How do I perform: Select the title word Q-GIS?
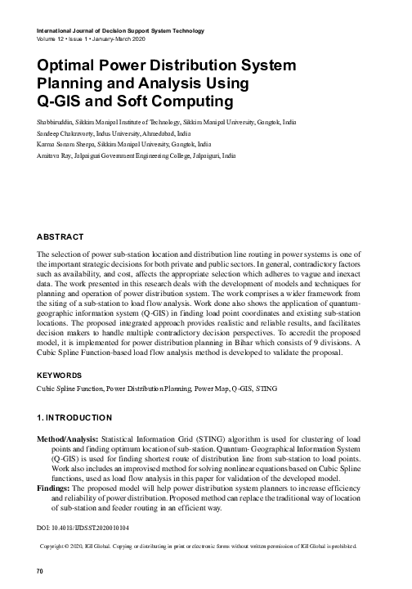(62, 102)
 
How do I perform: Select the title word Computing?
(193, 102)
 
